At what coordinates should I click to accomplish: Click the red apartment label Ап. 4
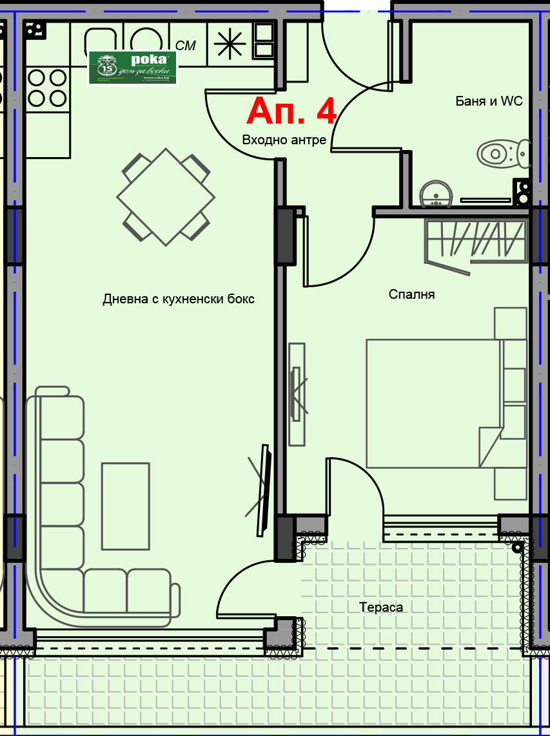tap(291, 111)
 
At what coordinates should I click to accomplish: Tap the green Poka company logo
tap(133, 67)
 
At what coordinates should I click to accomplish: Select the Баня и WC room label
tap(489, 101)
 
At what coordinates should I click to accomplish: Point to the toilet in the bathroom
tap(504, 153)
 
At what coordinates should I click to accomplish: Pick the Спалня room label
tap(411, 294)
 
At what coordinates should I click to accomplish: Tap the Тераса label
tap(381, 607)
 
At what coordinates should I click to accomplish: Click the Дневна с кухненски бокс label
tap(179, 299)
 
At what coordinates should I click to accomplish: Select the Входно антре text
tap(284, 140)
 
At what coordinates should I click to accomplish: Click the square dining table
tap(166, 196)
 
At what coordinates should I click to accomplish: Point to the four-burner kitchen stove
tap(48, 88)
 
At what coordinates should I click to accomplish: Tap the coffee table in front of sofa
tap(126, 506)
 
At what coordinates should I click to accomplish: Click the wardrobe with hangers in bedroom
tap(476, 241)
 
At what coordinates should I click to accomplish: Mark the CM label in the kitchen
tap(186, 45)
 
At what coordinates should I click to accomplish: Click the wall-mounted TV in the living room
tap(263, 489)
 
